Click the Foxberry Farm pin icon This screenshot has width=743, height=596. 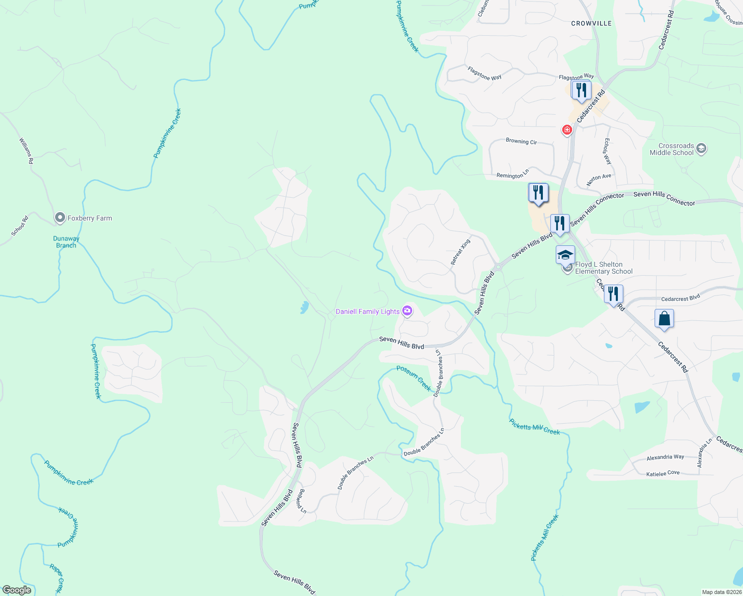point(60,218)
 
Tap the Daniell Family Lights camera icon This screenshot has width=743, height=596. point(407,311)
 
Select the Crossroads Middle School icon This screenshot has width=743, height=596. point(701,149)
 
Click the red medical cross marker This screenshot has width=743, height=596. point(567,130)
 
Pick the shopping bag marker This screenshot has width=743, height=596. point(664,319)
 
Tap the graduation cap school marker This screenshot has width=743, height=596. point(565,255)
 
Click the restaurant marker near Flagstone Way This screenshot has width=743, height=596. point(581,90)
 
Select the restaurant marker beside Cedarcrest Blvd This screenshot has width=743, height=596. point(613,294)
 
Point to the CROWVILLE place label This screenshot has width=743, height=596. point(591,23)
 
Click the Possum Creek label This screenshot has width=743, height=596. point(414,378)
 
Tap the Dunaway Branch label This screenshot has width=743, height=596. point(66,242)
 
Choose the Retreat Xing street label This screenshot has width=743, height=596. point(460,252)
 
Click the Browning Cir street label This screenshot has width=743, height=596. point(521,142)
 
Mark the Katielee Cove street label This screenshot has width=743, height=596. point(663,474)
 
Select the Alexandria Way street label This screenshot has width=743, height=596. point(665,457)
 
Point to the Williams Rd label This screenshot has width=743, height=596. point(26,151)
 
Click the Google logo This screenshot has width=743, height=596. point(17,590)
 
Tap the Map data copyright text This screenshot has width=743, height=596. point(721,592)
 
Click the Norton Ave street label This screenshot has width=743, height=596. point(598,180)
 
